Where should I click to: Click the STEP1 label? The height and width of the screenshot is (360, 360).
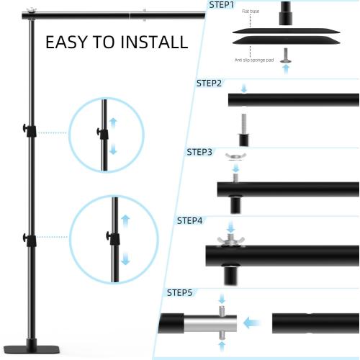click(x=221, y=5)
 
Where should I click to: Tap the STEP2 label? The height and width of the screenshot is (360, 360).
click(x=210, y=83)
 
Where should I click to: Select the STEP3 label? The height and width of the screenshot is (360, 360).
click(x=199, y=152)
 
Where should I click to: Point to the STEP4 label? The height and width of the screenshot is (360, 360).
click(x=190, y=220)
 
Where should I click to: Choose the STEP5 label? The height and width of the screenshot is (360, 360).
click(x=179, y=292)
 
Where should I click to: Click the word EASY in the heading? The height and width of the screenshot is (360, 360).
click(x=69, y=42)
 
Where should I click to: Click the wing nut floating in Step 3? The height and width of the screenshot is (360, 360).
click(x=234, y=158)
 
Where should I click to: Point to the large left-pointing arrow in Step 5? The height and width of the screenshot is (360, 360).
click(x=251, y=323)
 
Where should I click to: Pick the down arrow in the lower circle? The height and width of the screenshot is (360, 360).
click(x=125, y=257)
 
